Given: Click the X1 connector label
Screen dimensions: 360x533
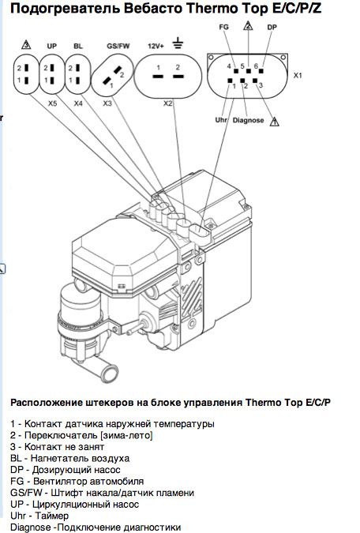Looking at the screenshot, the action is [298, 76].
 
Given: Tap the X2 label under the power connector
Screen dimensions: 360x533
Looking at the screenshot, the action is [168, 103].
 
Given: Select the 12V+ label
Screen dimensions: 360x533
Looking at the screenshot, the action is [156, 46].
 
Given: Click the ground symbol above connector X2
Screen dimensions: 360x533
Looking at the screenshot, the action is [178, 43].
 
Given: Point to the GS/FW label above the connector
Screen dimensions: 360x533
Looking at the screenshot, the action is [118, 46].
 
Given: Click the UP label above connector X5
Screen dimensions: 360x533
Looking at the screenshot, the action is [51, 46].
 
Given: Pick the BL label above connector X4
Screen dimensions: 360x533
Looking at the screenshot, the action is [78, 46].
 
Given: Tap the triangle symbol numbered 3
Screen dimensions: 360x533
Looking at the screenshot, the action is [26, 44].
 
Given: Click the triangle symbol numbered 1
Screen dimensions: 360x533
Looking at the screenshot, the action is [274, 122].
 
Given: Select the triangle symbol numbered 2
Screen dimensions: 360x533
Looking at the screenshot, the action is [249, 25].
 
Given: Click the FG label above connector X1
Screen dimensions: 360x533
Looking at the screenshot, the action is [224, 27].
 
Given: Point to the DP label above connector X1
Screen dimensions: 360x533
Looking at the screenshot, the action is [272, 27].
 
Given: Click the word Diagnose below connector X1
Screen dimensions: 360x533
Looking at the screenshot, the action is [248, 120].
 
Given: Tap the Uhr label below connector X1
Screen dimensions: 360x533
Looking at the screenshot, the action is [221, 120].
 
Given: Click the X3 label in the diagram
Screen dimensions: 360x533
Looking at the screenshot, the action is [107, 103].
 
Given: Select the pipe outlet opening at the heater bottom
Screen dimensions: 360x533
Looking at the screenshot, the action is [111, 373].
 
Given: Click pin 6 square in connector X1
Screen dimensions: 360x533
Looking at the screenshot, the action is [261, 71].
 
